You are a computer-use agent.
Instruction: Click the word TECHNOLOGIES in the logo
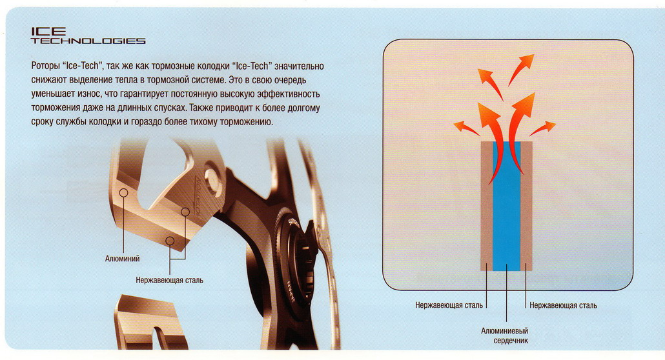(88, 41)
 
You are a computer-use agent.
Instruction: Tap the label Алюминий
(122, 259)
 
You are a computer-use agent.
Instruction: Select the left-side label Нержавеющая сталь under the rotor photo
(169, 281)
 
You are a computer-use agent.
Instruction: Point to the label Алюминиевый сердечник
(506, 335)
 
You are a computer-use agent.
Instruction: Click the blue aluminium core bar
(506, 206)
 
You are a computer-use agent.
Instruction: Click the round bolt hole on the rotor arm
(211, 175)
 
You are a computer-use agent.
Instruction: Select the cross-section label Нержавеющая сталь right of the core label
(562, 305)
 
